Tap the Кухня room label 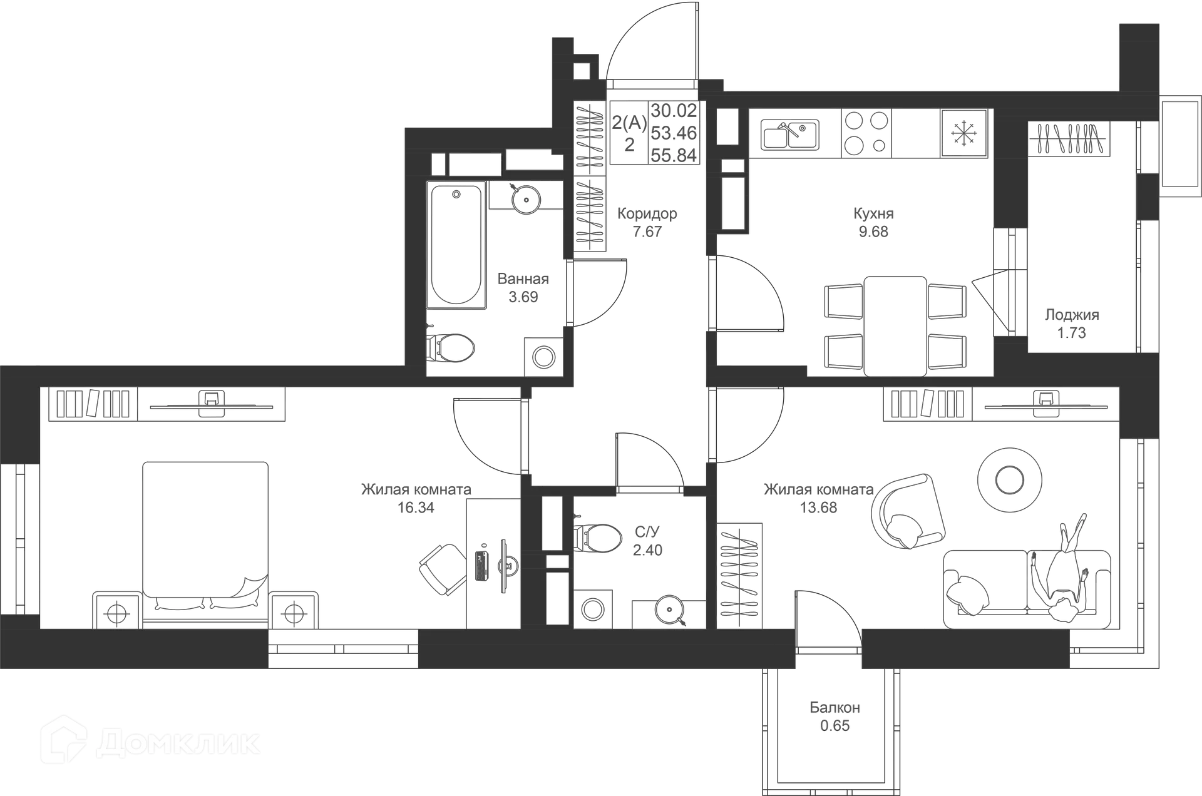click(x=873, y=213)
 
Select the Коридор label click(x=647, y=213)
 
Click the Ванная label click(x=523, y=278)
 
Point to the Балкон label click(x=835, y=708)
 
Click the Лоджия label click(x=1072, y=315)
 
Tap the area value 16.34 click(x=415, y=508)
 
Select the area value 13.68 click(x=819, y=508)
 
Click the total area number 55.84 click(x=674, y=155)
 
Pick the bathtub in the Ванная click(x=455, y=244)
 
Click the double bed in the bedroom click(x=205, y=535)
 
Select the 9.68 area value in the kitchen click(x=873, y=232)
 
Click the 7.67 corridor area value click(x=647, y=232)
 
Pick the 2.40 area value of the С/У click(x=648, y=549)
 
